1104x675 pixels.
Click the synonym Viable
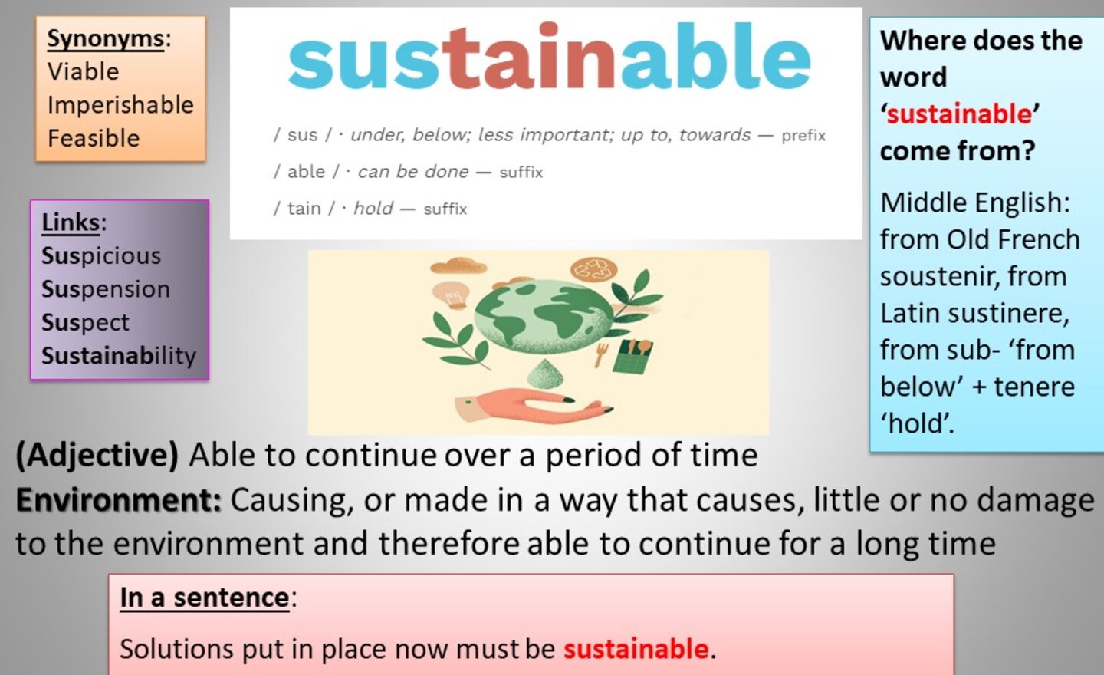point(84,71)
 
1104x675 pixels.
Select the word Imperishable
point(121,105)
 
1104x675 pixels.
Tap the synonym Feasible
point(94,137)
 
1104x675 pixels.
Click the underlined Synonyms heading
point(106,39)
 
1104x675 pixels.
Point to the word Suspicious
point(101,256)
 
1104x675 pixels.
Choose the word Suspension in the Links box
point(106,289)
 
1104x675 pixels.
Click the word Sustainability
point(119,355)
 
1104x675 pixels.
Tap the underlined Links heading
point(71,222)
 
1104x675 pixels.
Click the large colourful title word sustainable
point(550,56)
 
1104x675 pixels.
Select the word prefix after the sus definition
point(803,136)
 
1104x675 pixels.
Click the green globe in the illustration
point(544,315)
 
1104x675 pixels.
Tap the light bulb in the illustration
point(451,295)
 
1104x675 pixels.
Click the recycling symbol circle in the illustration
point(593,269)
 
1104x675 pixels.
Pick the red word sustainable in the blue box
point(959,114)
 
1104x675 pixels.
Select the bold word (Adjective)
point(97,455)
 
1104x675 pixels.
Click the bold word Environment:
point(119,500)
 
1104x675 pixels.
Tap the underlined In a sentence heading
point(205,598)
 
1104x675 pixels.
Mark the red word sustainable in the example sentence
point(636,649)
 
